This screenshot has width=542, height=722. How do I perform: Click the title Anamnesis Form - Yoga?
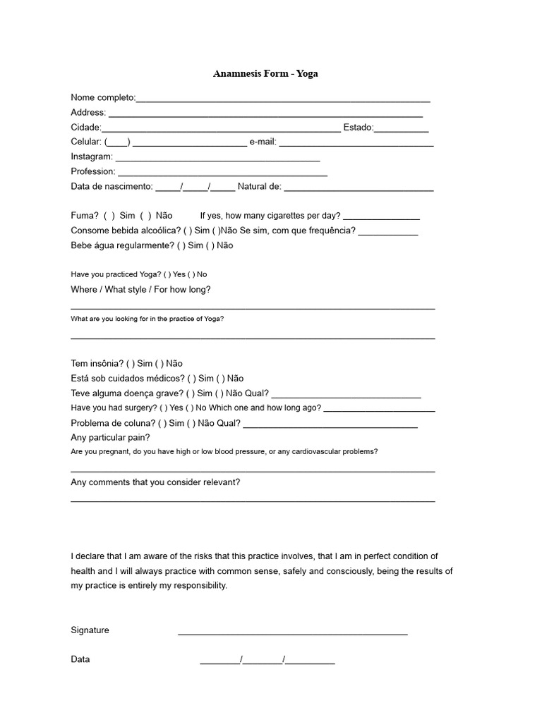pyautogui.click(x=265, y=73)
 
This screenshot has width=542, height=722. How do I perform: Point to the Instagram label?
pyautogui.click(x=92, y=157)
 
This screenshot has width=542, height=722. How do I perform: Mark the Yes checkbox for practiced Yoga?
pyautogui.click(x=167, y=274)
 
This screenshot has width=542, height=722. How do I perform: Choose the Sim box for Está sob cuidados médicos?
pyautogui.click(x=191, y=379)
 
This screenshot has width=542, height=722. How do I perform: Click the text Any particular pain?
pyautogui.click(x=110, y=437)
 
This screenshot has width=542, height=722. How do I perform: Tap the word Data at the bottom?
pyautogui.click(x=80, y=659)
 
